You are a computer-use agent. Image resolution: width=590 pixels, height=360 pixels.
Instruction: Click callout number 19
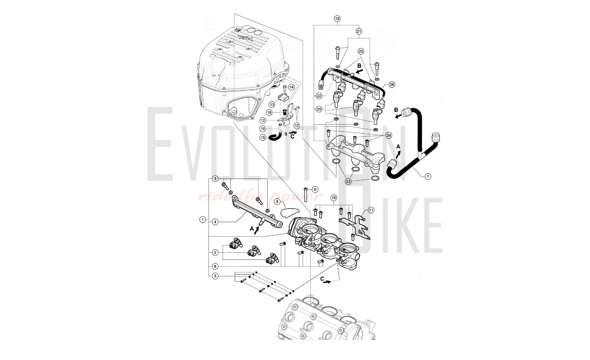pyautogui.click(x=337, y=19)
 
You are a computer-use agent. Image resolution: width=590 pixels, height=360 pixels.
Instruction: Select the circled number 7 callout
pyautogui.click(x=428, y=176)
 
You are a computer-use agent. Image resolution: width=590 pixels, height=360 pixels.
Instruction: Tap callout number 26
pyautogui.click(x=392, y=84)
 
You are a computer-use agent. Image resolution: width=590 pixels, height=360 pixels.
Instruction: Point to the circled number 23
pyautogui.click(x=348, y=181)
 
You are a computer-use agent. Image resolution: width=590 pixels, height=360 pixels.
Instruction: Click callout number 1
pyautogui.click(x=202, y=220)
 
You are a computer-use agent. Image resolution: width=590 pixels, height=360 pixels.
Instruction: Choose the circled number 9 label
pyautogui.click(x=315, y=190)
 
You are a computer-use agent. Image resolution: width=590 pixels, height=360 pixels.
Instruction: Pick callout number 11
pyautogui.click(x=371, y=210)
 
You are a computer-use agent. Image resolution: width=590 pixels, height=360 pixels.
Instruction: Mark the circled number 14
pyautogui.click(x=291, y=87)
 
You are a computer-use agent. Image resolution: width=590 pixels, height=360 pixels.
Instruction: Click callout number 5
pyautogui.click(x=215, y=276)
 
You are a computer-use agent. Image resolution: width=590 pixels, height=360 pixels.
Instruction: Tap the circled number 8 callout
pyautogui.click(x=277, y=202)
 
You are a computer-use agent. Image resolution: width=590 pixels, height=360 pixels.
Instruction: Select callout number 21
pyautogui.click(x=359, y=31)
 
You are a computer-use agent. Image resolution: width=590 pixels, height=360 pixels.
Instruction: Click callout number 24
pyautogui.click(x=389, y=135)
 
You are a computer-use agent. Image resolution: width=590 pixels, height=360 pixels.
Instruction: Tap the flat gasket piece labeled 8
pyautogui.click(x=290, y=212)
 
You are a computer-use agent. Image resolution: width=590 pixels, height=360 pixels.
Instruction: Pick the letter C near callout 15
pyautogui.click(x=292, y=137)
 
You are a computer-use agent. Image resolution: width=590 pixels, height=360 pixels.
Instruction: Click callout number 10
pyautogui.click(x=334, y=198)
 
